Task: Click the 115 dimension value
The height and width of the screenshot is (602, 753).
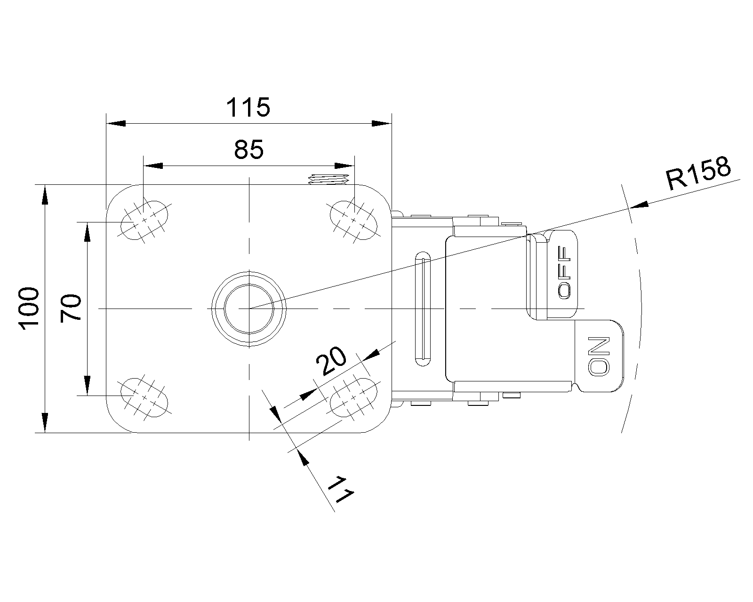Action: (x=248, y=108)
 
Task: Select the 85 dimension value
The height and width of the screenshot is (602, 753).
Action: (x=248, y=150)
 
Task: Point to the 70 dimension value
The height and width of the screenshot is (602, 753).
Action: (x=72, y=308)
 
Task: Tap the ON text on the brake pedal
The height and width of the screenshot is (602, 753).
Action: (x=599, y=356)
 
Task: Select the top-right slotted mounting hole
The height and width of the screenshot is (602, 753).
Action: (x=354, y=219)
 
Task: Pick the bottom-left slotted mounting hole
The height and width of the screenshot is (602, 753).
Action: (x=144, y=396)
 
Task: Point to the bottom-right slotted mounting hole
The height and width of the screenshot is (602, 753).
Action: (x=354, y=396)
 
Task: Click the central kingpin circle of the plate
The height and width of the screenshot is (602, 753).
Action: (x=249, y=308)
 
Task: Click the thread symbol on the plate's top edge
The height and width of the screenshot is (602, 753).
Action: (x=328, y=179)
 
